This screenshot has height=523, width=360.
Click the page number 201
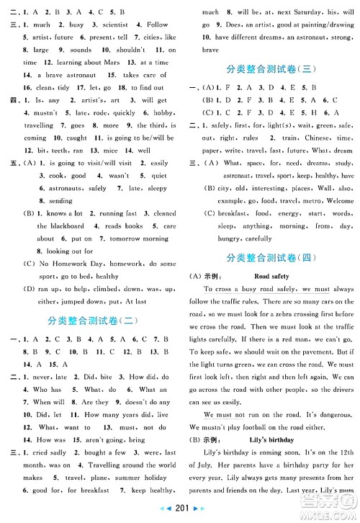[180, 514]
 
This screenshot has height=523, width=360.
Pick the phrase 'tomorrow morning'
[127, 238]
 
